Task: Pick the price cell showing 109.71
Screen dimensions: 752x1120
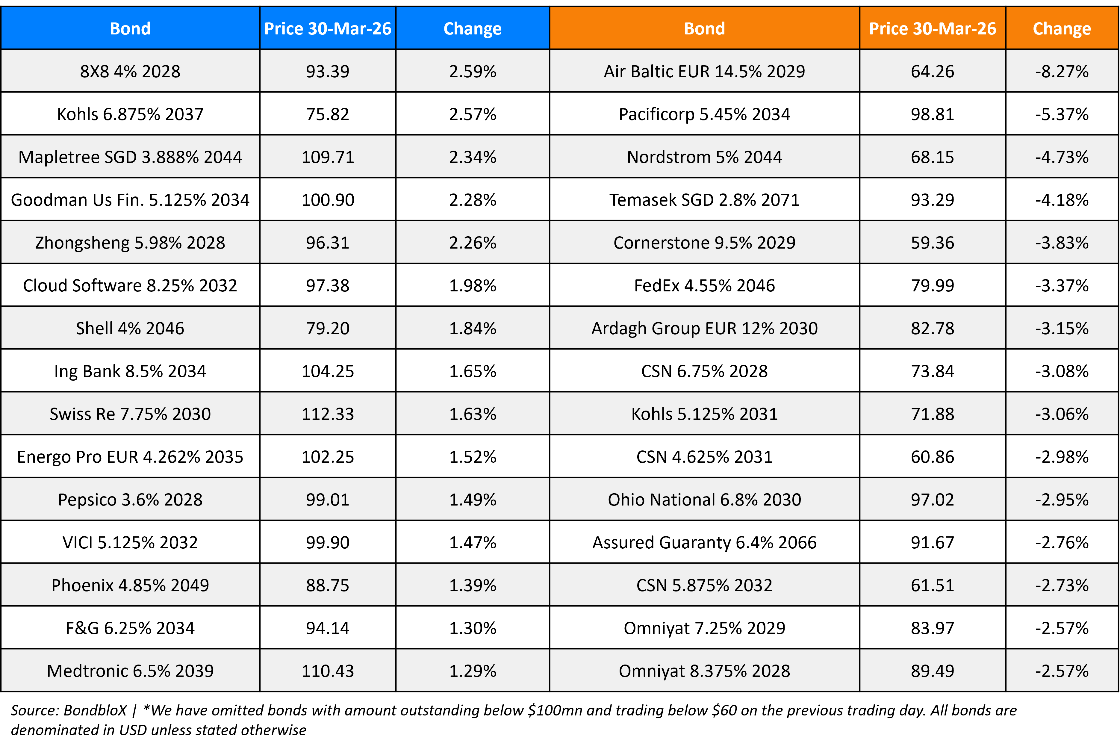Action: [328, 157]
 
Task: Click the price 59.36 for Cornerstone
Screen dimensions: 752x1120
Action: [932, 243]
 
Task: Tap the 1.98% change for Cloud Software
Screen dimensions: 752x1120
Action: [472, 286]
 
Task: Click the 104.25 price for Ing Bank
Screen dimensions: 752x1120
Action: [328, 371]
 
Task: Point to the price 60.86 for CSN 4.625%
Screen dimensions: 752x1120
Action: [932, 457]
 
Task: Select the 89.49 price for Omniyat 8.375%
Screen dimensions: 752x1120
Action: [932, 671]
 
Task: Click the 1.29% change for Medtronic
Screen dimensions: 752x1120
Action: [472, 671]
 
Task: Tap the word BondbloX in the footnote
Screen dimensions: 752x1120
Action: [95, 710]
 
